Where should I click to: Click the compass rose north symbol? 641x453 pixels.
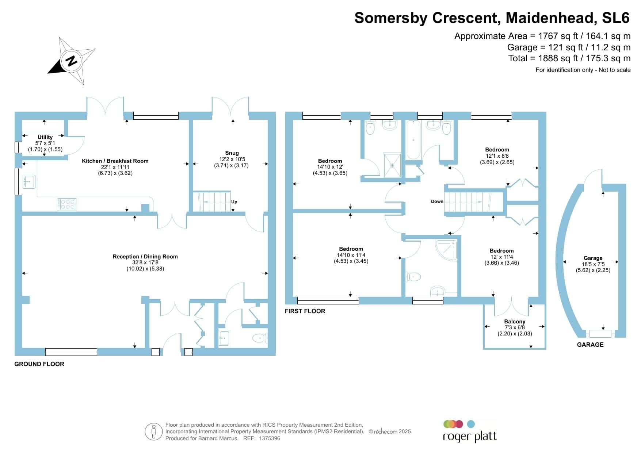72,61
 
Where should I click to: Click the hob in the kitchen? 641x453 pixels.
67,204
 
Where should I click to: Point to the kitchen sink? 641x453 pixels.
29,181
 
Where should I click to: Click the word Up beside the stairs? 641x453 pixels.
234,202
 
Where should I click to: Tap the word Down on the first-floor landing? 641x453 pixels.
437,201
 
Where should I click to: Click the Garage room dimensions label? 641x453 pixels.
593,264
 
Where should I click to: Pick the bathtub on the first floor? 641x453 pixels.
413,139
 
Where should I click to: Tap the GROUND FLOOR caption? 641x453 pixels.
39,364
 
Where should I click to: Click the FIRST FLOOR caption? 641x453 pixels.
305,311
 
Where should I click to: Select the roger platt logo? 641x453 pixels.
470,431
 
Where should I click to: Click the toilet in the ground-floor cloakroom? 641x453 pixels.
259,338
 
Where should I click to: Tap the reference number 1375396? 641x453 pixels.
270,438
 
